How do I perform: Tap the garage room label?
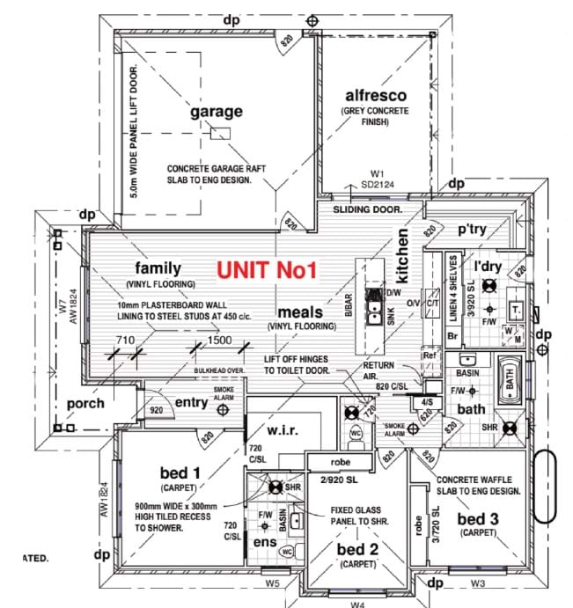pos(216,112)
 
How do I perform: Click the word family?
pos(158,267)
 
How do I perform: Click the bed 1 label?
pos(180,473)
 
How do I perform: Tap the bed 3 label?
pos(478,519)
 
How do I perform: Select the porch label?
pos(85,404)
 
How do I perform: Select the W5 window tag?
pos(272,582)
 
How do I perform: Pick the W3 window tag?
pos(478,582)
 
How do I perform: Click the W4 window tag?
pos(357,604)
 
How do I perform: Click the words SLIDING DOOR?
pos(367,210)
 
